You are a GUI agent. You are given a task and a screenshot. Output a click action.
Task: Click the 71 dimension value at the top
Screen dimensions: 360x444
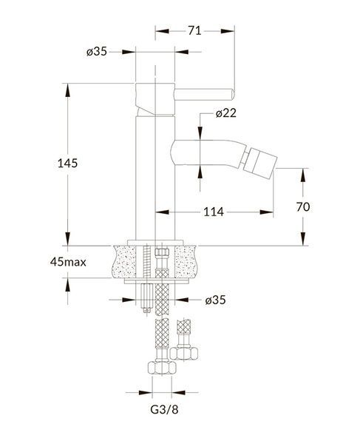194,30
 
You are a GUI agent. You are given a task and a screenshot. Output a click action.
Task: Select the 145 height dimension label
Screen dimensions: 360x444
67,163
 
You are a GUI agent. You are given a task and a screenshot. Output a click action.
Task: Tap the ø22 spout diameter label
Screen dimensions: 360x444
225,113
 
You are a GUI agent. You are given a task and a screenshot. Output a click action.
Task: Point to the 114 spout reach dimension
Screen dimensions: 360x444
214,212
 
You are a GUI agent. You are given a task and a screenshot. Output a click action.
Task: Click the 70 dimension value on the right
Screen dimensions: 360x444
303,207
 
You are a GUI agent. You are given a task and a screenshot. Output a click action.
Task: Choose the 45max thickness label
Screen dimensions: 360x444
68,262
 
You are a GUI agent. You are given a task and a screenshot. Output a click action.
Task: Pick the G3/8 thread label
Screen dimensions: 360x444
164,409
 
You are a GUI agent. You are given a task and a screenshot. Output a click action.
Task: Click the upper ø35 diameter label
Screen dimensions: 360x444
97,52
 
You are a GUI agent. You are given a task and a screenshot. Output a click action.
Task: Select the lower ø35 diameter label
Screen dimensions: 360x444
216,300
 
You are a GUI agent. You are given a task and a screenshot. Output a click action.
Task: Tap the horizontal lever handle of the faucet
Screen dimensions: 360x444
204,95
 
